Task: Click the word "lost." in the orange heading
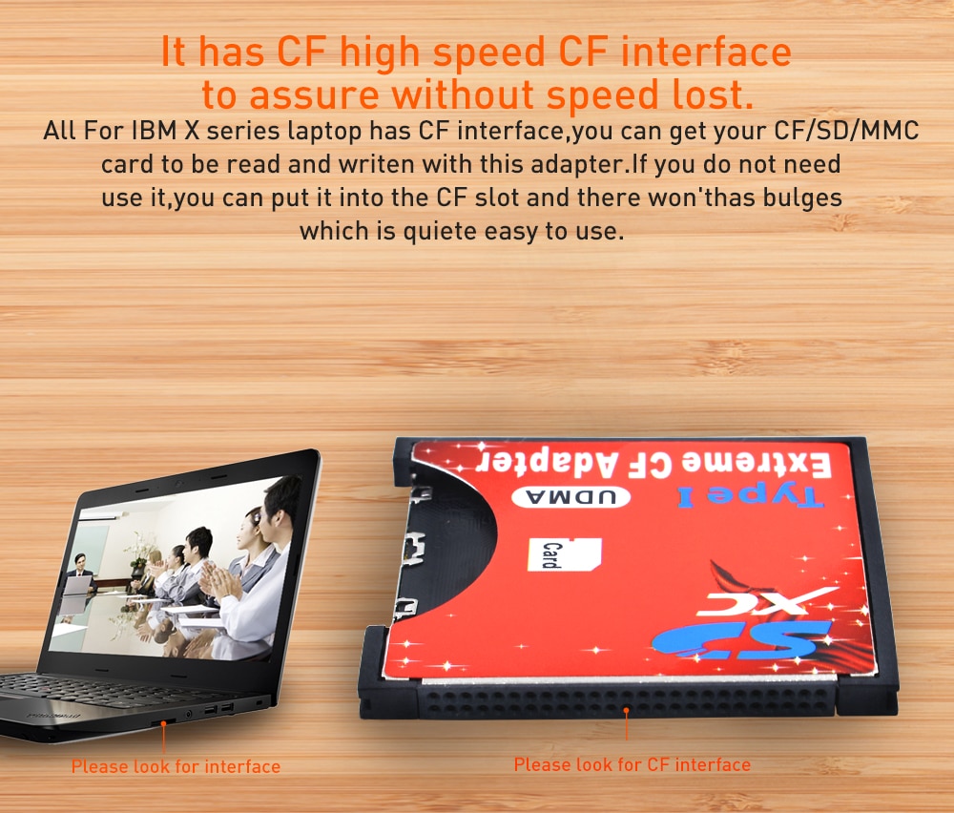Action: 713,94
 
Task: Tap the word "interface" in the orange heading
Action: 706,52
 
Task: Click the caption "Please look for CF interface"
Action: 633,764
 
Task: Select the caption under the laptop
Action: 176,766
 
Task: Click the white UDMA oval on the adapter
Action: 570,496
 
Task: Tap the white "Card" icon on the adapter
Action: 564,553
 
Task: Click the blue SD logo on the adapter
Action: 741,639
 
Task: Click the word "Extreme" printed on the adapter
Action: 757,465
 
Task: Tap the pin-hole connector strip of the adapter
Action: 627,698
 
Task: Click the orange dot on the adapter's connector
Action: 626,710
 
